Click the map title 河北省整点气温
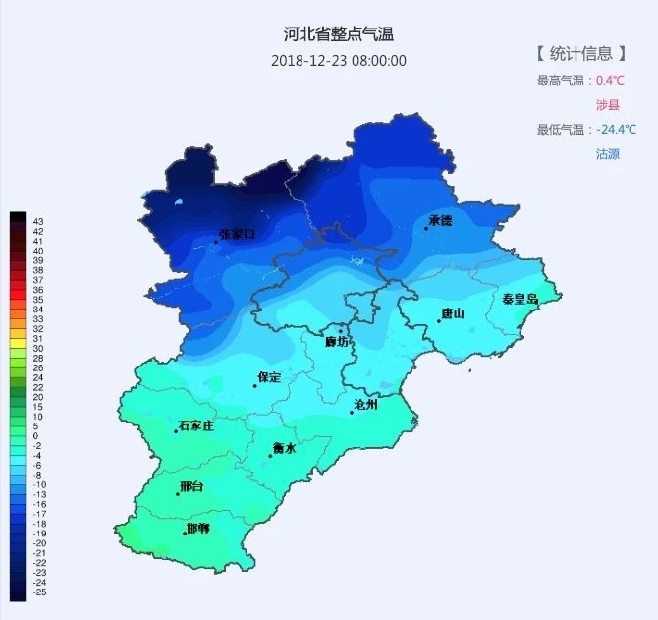tap(338, 35)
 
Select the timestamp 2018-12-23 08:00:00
tap(338, 61)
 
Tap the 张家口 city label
tap(237, 234)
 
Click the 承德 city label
tap(441, 221)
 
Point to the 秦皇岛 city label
tap(520, 299)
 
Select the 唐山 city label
tap(453, 313)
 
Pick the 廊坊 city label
tap(337, 341)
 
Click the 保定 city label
tap(269, 377)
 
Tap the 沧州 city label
tap(365, 404)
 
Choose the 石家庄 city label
tap(195, 426)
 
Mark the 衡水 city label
tap(284, 448)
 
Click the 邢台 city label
tap(192, 487)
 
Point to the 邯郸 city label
tap(197, 529)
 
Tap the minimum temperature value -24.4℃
tap(616, 130)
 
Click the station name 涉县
tap(608, 105)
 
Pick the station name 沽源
tap(608, 154)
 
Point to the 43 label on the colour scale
tap(38, 221)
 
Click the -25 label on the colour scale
tap(39, 592)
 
